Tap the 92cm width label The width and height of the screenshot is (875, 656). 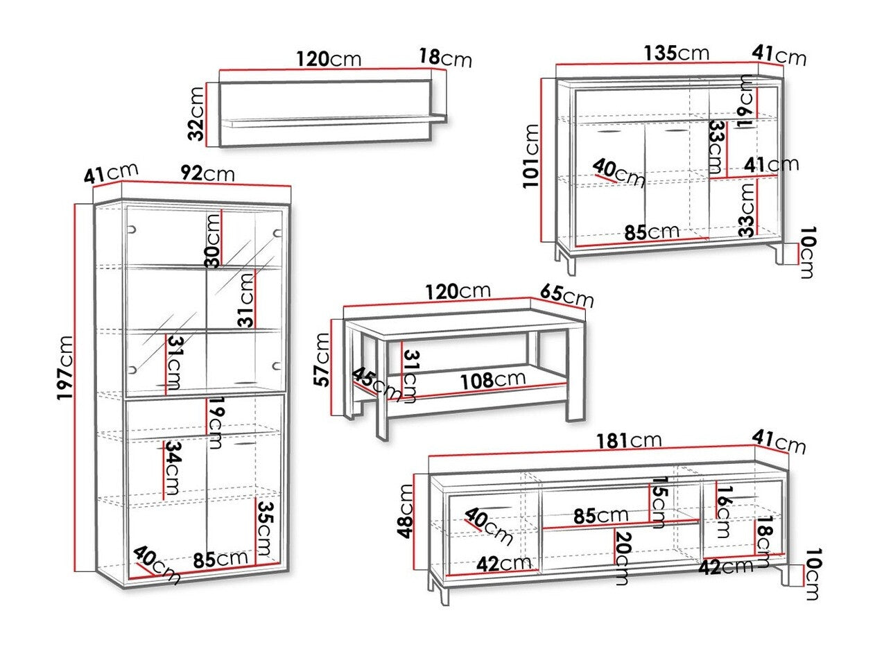point(207,173)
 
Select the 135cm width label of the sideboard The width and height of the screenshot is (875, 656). point(676,53)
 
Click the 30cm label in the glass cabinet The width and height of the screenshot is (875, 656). point(213,240)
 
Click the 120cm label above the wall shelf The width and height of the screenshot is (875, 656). point(329,59)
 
